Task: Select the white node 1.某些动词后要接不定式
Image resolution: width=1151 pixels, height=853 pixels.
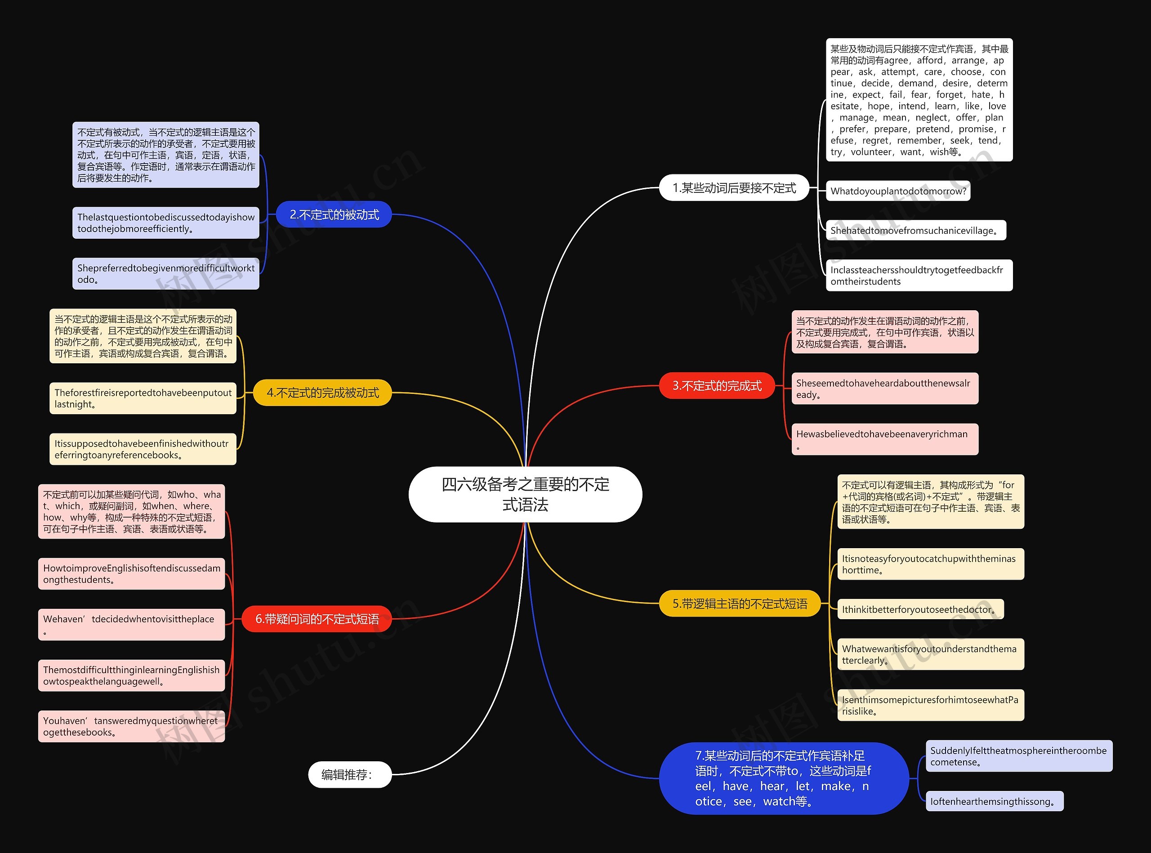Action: (x=734, y=188)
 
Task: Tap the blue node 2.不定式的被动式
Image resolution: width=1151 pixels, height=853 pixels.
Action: (x=334, y=214)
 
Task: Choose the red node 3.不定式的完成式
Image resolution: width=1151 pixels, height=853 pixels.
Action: (x=717, y=386)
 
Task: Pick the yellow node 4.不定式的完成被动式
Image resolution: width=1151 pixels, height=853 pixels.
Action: (x=322, y=393)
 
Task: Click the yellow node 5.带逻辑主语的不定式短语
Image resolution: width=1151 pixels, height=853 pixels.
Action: (x=740, y=603)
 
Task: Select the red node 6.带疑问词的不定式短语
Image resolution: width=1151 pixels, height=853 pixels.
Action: (x=317, y=619)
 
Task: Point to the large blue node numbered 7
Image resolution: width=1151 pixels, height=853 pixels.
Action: (x=784, y=778)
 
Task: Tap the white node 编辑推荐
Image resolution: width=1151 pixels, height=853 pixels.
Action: (x=350, y=774)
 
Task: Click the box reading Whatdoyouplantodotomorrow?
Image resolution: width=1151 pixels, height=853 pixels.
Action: (x=898, y=191)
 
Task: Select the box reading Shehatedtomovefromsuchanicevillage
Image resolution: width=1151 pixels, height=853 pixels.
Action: (x=916, y=230)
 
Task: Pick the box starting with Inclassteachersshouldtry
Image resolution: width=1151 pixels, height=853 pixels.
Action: (x=919, y=275)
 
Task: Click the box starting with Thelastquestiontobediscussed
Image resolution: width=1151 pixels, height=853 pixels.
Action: (x=166, y=223)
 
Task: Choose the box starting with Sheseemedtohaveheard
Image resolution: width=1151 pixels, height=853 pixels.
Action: (x=885, y=389)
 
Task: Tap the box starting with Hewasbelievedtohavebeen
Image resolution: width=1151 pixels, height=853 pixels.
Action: (x=885, y=439)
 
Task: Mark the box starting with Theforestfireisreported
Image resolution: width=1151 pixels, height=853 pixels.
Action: (x=143, y=398)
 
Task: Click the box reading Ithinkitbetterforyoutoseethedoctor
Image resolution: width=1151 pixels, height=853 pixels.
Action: (x=920, y=609)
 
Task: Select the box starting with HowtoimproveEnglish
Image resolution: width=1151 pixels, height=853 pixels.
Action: (x=132, y=574)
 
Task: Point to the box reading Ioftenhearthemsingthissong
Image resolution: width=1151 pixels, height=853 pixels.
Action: (x=995, y=801)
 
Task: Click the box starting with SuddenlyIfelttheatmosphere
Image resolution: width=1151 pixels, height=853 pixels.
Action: (x=1019, y=756)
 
